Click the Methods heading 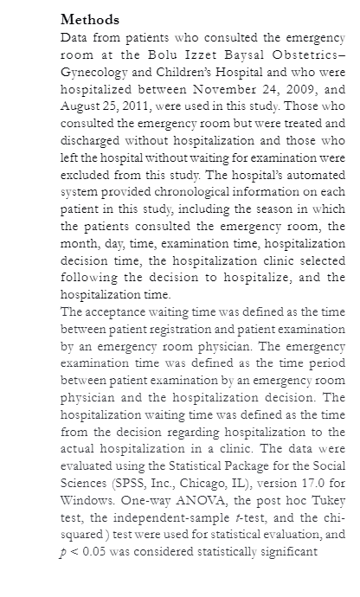[90, 20]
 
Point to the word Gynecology [95, 76]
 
